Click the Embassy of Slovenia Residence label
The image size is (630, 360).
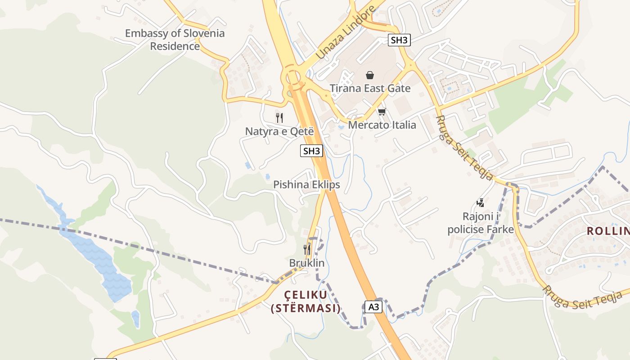click(175, 40)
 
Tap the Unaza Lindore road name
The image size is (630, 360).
click(345, 32)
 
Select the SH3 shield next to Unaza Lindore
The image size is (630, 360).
click(399, 40)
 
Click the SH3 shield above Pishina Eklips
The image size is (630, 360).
click(311, 151)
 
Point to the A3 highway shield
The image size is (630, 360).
click(373, 307)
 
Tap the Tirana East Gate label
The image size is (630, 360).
click(370, 88)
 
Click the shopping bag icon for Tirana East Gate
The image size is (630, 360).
click(370, 75)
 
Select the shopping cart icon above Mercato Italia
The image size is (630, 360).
click(382, 112)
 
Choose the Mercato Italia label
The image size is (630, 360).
click(382, 125)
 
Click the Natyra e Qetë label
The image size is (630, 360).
click(279, 131)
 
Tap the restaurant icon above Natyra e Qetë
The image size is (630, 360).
click(279, 118)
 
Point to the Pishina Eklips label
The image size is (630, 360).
click(306, 184)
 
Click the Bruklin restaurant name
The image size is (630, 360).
click(307, 263)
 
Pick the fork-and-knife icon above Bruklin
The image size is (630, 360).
click(307, 249)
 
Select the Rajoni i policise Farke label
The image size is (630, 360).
click(481, 223)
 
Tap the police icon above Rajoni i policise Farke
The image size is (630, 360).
click(481, 203)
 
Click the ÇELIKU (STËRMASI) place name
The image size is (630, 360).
click(306, 301)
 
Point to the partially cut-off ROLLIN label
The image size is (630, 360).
click(607, 231)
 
